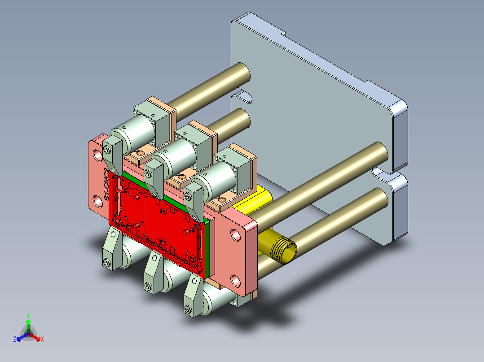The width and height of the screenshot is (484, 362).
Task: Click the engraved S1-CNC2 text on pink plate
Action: point(106,184)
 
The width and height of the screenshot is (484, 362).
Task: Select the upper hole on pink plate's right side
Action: point(236,234)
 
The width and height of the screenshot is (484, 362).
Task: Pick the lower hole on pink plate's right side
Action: point(235,281)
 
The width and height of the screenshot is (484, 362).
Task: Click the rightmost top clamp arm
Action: point(194,200)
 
